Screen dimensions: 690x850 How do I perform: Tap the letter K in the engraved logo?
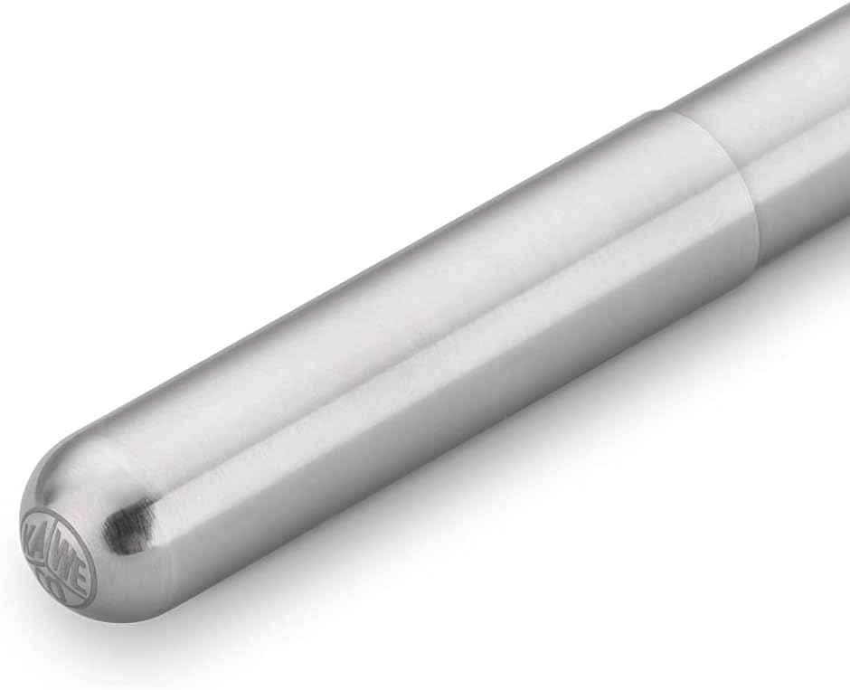[x=34, y=527]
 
